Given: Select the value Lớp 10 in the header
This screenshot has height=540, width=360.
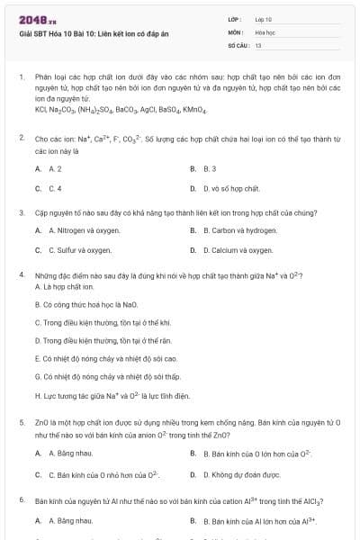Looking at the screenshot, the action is (x=264, y=18).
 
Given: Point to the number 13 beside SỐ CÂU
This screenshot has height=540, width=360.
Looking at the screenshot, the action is (x=258, y=43).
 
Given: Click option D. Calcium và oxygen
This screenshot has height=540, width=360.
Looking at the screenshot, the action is (x=231, y=250).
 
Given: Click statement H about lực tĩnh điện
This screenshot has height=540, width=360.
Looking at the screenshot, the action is (x=112, y=395).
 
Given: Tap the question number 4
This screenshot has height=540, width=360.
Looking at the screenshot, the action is (x=21, y=274).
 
